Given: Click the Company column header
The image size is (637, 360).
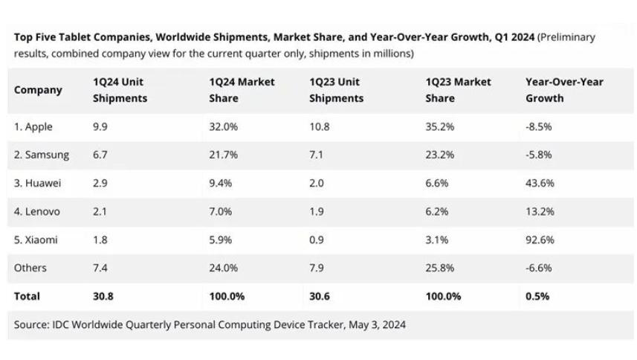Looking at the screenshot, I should (x=38, y=90).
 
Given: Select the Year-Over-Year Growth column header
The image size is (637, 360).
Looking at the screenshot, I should (x=564, y=90).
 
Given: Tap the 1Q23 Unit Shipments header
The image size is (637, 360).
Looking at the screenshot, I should (x=336, y=90).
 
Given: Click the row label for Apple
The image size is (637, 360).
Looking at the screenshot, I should (x=33, y=126).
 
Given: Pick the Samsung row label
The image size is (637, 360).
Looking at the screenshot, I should (x=42, y=155).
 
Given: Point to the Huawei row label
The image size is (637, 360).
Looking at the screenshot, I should (x=37, y=183).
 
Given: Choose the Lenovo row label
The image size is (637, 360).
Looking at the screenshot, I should (x=37, y=211).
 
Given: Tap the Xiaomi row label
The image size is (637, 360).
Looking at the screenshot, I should (x=36, y=240).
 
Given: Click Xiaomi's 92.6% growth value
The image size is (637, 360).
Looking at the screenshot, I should (x=539, y=240).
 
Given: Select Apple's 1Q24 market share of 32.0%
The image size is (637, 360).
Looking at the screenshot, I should (x=224, y=126).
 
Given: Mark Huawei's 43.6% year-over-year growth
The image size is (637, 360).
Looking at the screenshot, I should (x=539, y=183).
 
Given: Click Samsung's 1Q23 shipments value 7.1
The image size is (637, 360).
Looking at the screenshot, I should (x=317, y=155).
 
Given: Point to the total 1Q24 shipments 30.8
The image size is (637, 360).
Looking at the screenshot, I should (x=104, y=296).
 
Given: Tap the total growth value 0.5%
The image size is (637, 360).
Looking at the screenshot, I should (x=537, y=296).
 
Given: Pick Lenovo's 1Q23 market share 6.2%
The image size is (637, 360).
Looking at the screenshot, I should (x=437, y=211).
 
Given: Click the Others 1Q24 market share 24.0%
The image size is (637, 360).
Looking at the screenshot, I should (x=224, y=268).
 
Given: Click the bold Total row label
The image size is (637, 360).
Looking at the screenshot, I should (x=27, y=296).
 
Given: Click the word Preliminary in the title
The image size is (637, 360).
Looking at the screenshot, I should (x=567, y=37).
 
